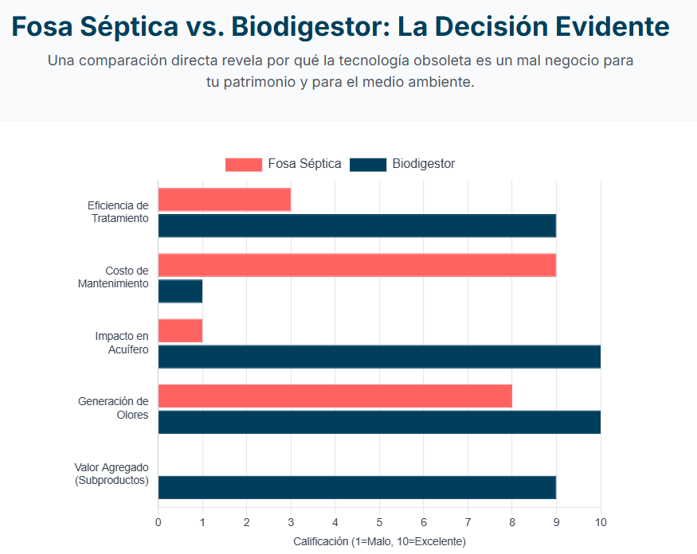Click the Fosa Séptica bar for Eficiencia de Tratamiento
pyautogui.click(x=224, y=200)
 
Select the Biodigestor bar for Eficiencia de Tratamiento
pyautogui.click(x=357, y=226)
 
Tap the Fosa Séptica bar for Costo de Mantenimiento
pyautogui.click(x=357, y=265)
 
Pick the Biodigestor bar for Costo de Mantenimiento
pyautogui.click(x=180, y=291)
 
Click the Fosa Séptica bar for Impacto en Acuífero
pyautogui.click(x=180, y=330)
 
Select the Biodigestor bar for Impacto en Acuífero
pyautogui.click(x=379, y=357)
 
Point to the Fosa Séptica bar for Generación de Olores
pyautogui.click(x=335, y=396)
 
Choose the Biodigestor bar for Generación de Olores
pyautogui.click(x=379, y=422)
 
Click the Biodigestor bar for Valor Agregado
pyautogui.click(x=357, y=487)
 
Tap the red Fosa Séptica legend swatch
pyautogui.click(x=243, y=165)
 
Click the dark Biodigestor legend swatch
pyautogui.click(x=368, y=165)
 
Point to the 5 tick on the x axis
pyautogui.click(x=379, y=522)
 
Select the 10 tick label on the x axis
pyautogui.click(x=601, y=522)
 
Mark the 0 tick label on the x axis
pyautogui.click(x=158, y=522)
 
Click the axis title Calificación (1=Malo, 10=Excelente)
pyautogui.click(x=379, y=541)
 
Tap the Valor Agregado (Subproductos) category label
pyautogui.click(x=112, y=474)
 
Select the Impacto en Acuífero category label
pyautogui.click(x=121, y=343)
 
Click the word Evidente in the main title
pyautogui.click(x=614, y=27)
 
